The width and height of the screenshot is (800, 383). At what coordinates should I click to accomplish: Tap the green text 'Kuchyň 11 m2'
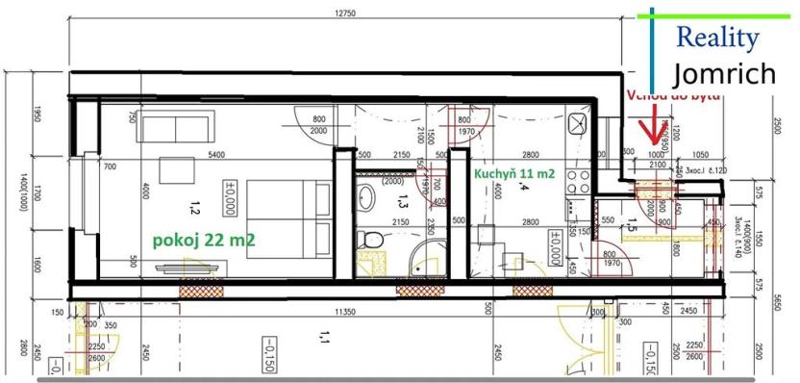[x=514, y=174]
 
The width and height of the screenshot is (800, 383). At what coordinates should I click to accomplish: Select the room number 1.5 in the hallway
[x=631, y=227]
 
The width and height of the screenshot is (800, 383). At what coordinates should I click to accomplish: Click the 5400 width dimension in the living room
[x=216, y=155]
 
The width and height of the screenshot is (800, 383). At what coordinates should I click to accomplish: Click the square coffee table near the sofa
[x=173, y=169]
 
